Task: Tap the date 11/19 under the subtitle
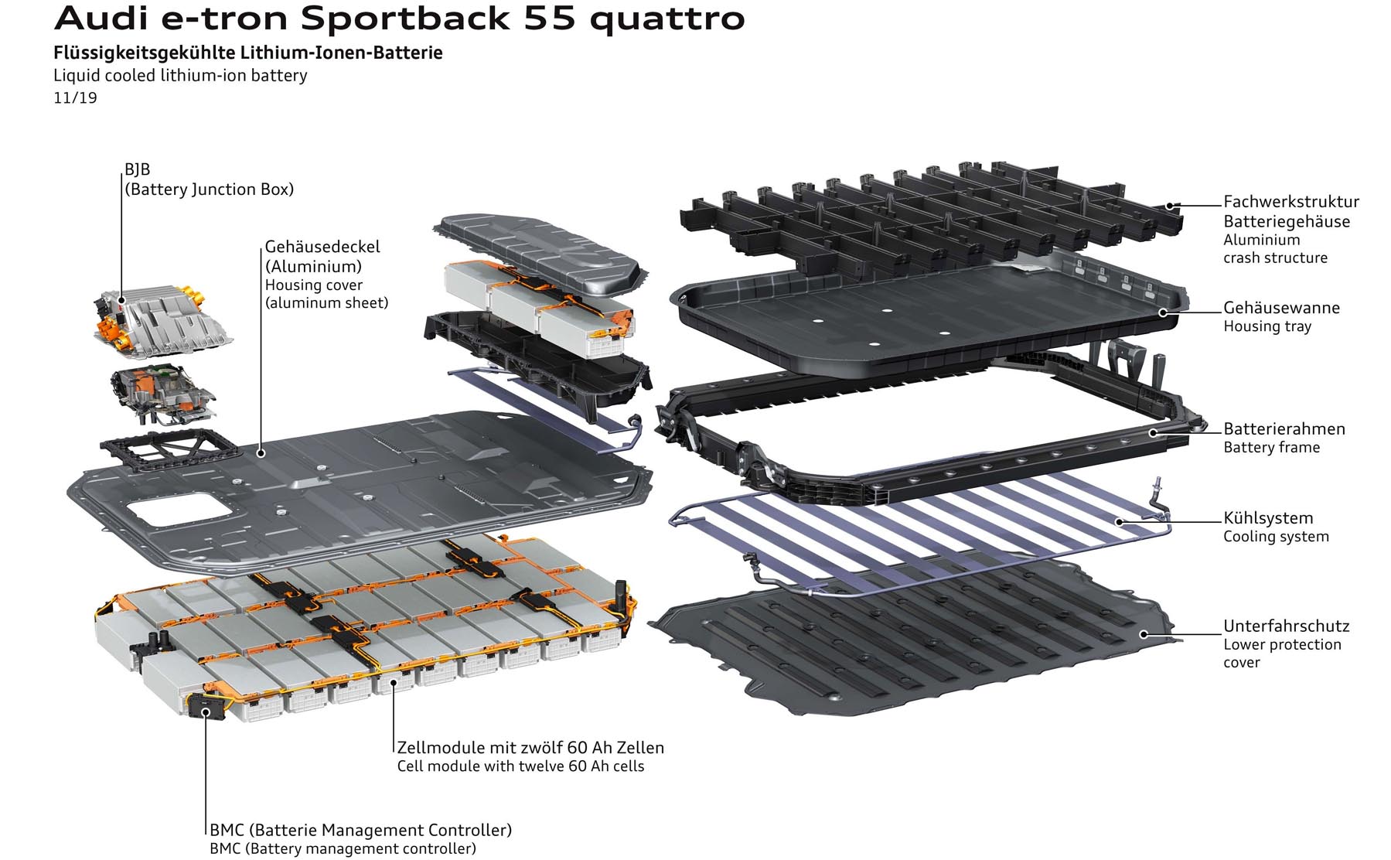[x=75, y=98]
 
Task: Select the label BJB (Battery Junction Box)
[x=209, y=179]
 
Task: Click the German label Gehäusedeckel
[x=322, y=247]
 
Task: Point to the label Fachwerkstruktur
[x=1290, y=202]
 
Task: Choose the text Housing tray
[x=1267, y=326]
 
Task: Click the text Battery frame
[x=1271, y=448]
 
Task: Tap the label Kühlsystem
[x=1267, y=518]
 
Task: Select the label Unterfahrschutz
[x=1286, y=626]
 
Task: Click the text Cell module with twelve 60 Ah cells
[x=520, y=766]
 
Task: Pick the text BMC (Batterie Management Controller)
[x=360, y=830]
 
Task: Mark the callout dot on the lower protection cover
[x=1144, y=635]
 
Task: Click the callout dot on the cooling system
[x=1119, y=522]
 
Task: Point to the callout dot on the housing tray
[x=1162, y=312]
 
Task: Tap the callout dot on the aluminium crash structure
[x=1171, y=206]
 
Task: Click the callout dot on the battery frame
[x=1152, y=432]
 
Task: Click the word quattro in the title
[x=667, y=19]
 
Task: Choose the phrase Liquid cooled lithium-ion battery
[x=180, y=76]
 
